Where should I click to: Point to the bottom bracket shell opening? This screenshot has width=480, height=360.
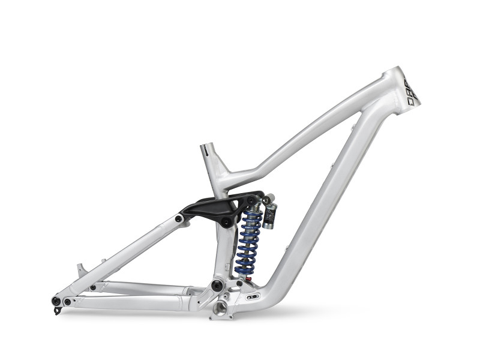click(221, 308)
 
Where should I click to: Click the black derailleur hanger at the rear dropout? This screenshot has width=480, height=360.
click(57, 310)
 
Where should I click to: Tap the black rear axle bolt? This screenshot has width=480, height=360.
click(56, 301)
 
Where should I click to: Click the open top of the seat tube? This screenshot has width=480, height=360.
click(207, 146)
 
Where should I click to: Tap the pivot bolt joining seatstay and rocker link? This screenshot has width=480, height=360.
click(179, 219)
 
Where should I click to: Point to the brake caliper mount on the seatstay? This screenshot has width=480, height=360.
click(81, 269)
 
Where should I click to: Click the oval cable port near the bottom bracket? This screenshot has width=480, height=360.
click(253, 296)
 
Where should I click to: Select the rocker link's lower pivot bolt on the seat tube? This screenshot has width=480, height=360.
click(226, 223)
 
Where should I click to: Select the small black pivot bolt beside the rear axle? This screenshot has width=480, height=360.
click(67, 302)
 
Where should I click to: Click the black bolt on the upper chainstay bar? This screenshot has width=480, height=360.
click(92, 287)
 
